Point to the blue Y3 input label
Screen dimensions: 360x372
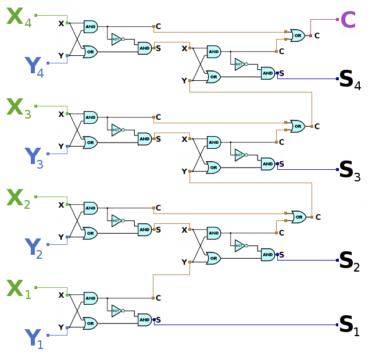pyautogui.click(x=35, y=158)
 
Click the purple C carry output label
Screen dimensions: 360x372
pyautogui.click(x=348, y=20)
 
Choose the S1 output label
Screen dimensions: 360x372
pyautogui.click(x=349, y=326)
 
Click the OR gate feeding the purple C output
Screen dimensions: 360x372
pyautogui.click(x=297, y=35)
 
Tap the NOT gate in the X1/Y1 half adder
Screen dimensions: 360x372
pyautogui.click(x=117, y=310)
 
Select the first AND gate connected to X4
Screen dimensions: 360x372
pyautogui.click(x=91, y=27)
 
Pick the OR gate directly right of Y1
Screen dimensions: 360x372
pyautogui.click(x=90, y=323)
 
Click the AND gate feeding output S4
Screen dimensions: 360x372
pyautogui.click(x=267, y=73)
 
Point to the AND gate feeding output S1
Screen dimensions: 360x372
pyautogui.click(x=144, y=319)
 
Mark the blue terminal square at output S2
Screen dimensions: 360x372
pyautogui.click(x=337, y=260)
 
